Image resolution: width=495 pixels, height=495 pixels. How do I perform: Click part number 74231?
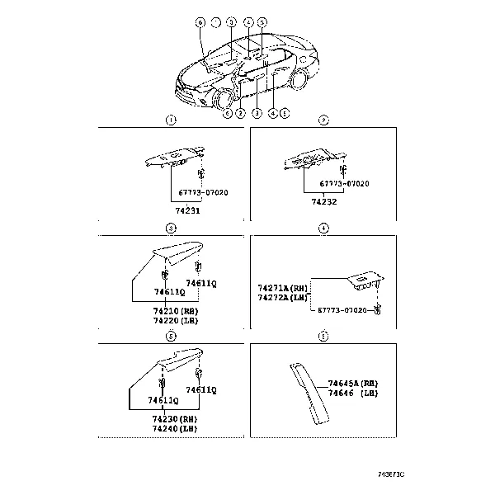click(x=191, y=210)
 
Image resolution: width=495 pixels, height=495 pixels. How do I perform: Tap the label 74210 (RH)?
click(x=175, y=311)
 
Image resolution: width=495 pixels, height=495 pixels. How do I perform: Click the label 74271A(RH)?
click(x=282, y=288)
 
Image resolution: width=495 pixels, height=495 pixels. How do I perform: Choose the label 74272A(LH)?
click(x=282, y=296)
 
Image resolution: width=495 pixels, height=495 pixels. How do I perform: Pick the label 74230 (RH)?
click(x=175, y=418)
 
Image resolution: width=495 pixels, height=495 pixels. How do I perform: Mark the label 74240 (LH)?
click(x=175, y=427)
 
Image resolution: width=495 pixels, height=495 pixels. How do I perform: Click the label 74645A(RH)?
click(x=352, y=384)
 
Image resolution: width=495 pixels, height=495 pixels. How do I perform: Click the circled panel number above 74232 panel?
click(x=324, y=120)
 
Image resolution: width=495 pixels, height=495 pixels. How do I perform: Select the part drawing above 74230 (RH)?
click(x=178, y=361)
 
